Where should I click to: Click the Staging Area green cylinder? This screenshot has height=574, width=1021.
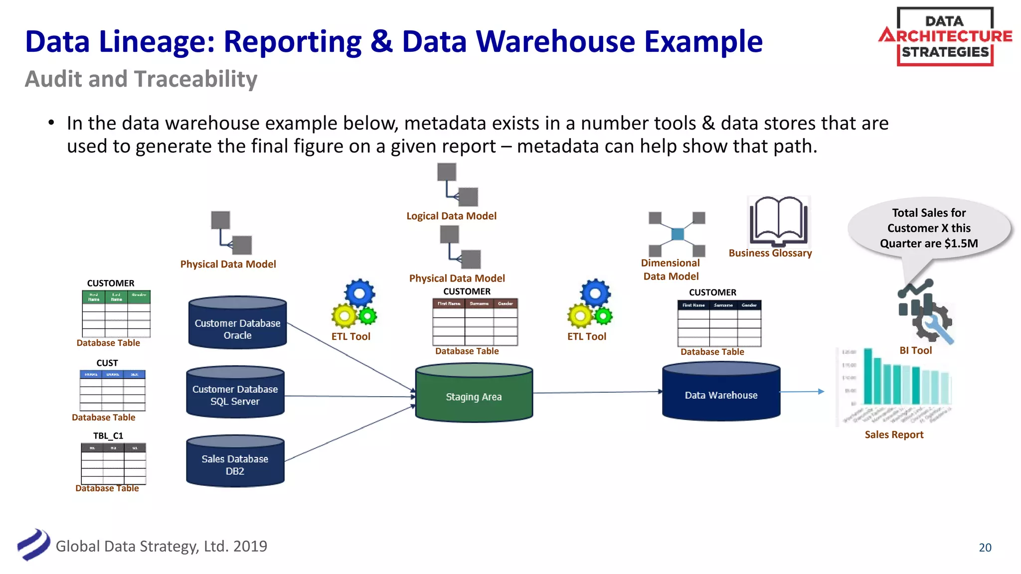[474, 393]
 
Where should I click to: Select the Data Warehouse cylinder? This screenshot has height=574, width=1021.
[721, 392]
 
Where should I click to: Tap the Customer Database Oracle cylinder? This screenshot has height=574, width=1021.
[237, 324]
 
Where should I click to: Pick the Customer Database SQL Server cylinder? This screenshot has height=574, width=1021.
[235, 393]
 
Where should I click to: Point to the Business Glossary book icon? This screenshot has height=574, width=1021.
[778, 222]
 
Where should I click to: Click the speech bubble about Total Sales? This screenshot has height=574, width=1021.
[929, 229]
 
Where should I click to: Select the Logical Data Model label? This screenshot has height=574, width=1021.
[451, 216]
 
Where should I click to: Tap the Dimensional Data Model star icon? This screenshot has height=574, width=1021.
[677, 234]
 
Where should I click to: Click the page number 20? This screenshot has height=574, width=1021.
[985, 547]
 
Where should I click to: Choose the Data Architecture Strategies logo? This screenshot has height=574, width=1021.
[945, 37]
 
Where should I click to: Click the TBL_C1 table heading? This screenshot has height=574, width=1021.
[108, 435]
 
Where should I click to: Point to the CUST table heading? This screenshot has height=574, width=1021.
[107, 363]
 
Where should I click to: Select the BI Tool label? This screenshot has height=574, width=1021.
[915, 350]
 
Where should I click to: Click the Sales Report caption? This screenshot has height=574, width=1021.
[894, 434]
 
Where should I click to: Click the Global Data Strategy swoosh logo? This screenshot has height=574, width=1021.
[34, 545]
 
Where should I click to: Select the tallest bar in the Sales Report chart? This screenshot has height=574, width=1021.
[868, 376]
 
